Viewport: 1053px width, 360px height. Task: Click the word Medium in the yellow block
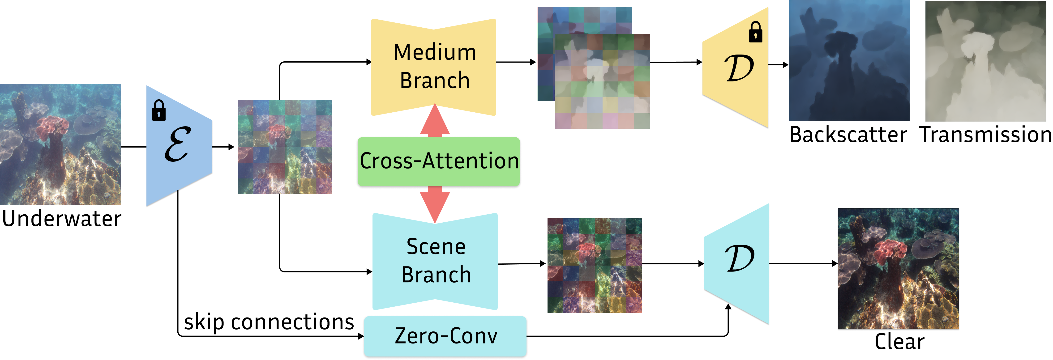coord(435,53)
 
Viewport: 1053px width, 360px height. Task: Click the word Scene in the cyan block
coord(436,247)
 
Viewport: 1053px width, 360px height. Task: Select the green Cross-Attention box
coord(439,162)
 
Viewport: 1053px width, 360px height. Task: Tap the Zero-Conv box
coord(445,336)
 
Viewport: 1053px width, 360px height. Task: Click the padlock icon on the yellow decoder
coord(755,32)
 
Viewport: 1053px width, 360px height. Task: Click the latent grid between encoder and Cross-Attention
coord(284,147)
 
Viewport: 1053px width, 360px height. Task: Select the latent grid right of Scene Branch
coord(594,266)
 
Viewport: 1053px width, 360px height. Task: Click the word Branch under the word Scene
coord(436,275)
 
